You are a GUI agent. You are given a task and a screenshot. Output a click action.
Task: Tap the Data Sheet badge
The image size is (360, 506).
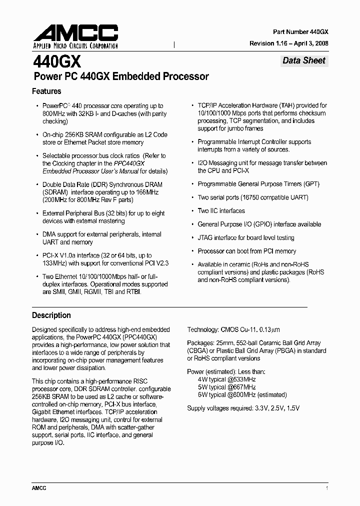point(303,60)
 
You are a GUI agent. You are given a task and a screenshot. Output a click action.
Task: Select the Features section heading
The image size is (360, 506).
point(46,91)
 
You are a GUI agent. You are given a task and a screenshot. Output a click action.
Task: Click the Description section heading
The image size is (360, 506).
point(51,315)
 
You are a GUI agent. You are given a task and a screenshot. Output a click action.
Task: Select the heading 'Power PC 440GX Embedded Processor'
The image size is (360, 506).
point(120,76)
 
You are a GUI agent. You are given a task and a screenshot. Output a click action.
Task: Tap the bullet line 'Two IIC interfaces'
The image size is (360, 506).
point(221,211)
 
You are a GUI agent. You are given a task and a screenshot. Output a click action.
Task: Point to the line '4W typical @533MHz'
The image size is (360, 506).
point(226,379)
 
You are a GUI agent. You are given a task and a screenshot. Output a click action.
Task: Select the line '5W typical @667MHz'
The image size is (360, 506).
point(226,387)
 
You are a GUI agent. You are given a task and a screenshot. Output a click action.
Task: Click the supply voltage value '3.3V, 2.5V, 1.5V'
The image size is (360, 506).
point(276,408)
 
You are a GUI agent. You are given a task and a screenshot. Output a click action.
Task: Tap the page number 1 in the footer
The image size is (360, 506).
point(326,488)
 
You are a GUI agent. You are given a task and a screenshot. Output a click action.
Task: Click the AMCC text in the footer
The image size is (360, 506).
point(39,488)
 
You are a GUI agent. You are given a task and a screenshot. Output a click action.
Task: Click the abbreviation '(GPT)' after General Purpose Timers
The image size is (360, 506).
point(309,184)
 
